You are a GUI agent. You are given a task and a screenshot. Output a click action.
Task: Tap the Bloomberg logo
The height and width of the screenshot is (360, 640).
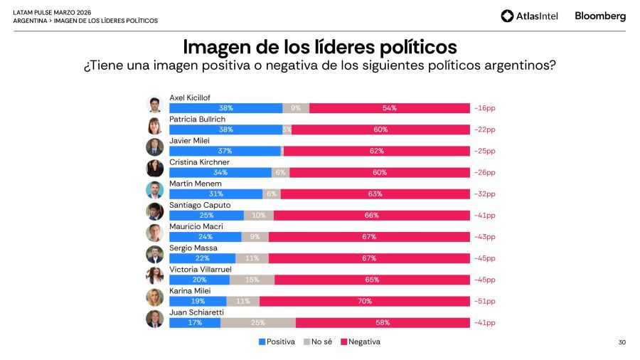pos(600,16)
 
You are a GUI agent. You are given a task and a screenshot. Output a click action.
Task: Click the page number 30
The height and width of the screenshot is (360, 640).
pos(622,342)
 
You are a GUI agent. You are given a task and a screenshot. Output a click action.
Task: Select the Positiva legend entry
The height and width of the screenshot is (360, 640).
pos(277,342)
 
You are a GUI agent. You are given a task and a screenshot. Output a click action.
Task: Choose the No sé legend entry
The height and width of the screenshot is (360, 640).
pos(318,342)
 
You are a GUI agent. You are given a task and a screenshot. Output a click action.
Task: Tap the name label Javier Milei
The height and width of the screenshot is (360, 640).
pos(190,141)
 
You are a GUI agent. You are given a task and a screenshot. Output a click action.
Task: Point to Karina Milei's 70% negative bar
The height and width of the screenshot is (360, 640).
pos(365,301)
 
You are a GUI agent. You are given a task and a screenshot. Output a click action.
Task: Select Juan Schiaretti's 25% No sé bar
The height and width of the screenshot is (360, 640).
pos(258,322)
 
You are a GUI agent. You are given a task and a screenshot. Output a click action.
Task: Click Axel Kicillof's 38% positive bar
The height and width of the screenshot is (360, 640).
pos(225,108)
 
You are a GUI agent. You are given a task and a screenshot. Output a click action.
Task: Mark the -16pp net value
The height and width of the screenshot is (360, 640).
pos(484,108)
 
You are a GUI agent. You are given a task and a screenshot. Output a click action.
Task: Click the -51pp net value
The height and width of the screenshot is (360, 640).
pos(484,301)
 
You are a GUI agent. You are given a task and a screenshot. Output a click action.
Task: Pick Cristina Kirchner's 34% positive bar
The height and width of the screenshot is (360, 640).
pos(220,172)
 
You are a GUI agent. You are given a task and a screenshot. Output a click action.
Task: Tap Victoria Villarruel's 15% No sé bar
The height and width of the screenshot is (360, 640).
pos(252,280)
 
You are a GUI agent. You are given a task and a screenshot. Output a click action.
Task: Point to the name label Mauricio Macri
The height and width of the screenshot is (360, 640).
pos(195,226)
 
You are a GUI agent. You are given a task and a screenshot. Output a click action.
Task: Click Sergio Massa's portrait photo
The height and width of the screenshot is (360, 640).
pos(154,254)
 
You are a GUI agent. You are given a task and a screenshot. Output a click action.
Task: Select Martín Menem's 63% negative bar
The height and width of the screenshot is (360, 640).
pos(375,194)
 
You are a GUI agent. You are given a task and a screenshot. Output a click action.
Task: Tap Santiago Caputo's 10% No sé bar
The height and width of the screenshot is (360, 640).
pos(258,215)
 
